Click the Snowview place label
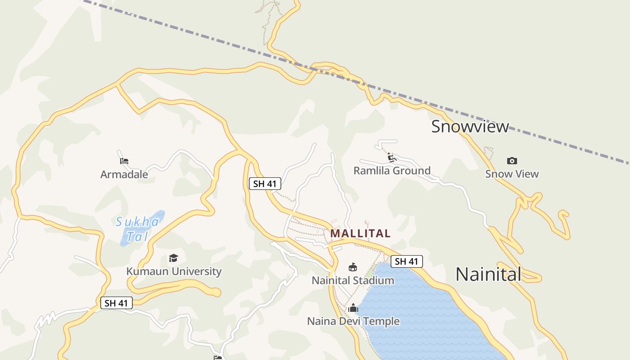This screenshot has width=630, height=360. (x=470, y=126)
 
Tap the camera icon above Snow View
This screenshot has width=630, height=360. (x=512, y=161)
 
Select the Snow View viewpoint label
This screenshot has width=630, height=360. (x=512, y=174)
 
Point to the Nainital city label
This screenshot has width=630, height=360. (x=488, y=274)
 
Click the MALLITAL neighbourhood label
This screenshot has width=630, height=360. (x=360, y=234)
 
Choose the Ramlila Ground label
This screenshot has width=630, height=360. (x=391, y=171)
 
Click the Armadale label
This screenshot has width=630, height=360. (x=124, y=174)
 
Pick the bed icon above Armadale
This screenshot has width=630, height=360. (x=124, y=161)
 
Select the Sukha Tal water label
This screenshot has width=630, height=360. (x=137, y=229)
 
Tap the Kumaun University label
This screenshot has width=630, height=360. (x=174, y=271)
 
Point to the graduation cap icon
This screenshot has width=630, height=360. (x=173, y=258)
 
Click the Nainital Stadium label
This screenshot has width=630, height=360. (x=353, y=280)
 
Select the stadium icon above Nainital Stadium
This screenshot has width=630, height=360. (x=353, y=267)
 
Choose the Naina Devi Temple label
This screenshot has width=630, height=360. (x=353, y=321)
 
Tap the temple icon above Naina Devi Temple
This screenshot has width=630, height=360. (x=353, y=308)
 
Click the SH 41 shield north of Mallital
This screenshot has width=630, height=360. (x=265, y=184)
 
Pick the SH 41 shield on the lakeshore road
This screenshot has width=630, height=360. (x=406, y=261)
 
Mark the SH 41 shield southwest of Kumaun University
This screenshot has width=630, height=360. (x=116, y=303)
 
